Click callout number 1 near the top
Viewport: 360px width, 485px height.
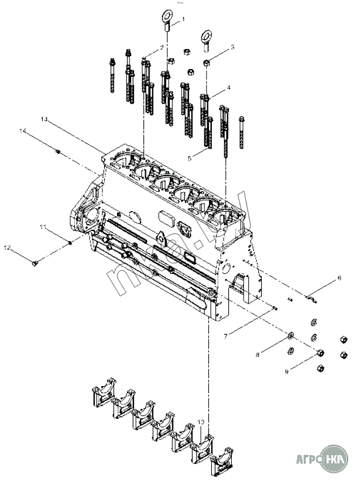click(x=183, y=19)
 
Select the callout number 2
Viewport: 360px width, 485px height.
click(x=162, y=47)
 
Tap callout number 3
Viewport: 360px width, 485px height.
click(x=232, y=47)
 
